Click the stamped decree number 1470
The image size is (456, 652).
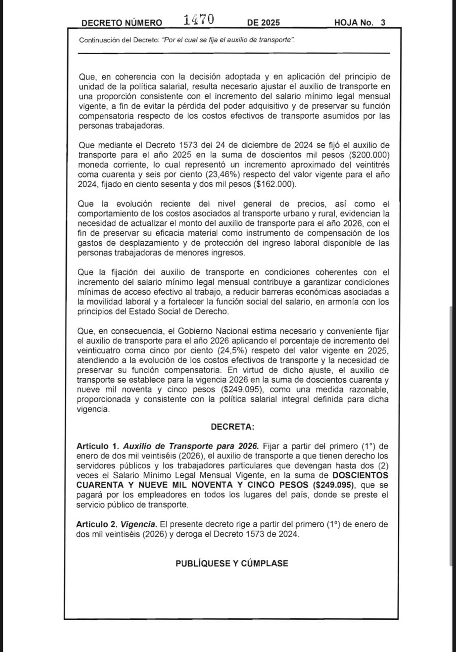pyautogui.click(x=198, y=19)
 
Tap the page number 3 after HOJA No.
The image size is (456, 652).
pyautogui.click(x=383, y=23)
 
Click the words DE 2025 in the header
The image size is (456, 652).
pyautogui.click(x=263, y=23)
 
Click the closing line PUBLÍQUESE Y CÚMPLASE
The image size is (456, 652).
pyautogui.click(x=232, y=564)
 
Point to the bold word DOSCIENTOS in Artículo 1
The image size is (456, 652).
pyautogui.click(x=360, y=475)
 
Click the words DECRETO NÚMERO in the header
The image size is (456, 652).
pyautogui.click(x=122, y=23)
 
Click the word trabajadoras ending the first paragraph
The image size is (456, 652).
pyautogui.click(x=136, y=126)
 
